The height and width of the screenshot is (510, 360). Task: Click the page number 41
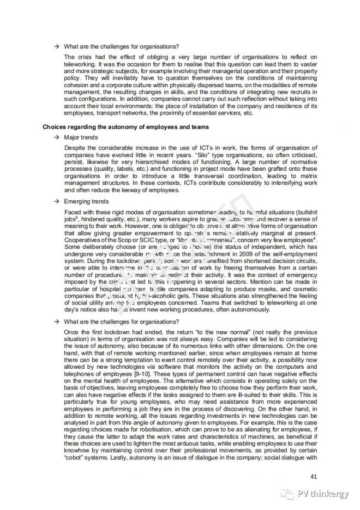tap(313, 474)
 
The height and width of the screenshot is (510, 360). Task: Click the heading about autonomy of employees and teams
tap(126, 127)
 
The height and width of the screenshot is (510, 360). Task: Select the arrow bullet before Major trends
tap(56, 137)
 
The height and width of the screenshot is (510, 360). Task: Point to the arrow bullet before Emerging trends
tap(56, 201)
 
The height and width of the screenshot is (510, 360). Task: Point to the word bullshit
tap(305, 211)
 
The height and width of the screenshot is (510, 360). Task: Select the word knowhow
tap(77, 451)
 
